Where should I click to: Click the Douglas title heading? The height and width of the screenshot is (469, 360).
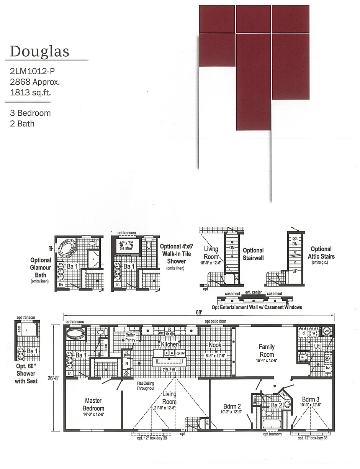pos(39,51)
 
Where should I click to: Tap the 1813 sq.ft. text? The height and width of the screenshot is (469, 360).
pos(30,92)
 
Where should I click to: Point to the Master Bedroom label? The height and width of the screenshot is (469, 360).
pos(93,404)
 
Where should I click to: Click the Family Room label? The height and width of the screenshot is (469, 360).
pos(267,350)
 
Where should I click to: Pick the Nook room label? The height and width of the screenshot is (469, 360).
pos(215,344)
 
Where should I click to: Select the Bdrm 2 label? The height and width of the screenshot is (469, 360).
pos(232,406)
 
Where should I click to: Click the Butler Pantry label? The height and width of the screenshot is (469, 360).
pos(130,337)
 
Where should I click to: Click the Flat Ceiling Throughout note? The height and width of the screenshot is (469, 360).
pos(145,385)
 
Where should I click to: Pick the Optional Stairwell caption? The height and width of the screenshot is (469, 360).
pos(253,254)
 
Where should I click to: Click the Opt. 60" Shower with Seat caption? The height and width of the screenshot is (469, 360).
pos(26,373)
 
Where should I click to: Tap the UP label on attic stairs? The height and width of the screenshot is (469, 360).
pos(295,271)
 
